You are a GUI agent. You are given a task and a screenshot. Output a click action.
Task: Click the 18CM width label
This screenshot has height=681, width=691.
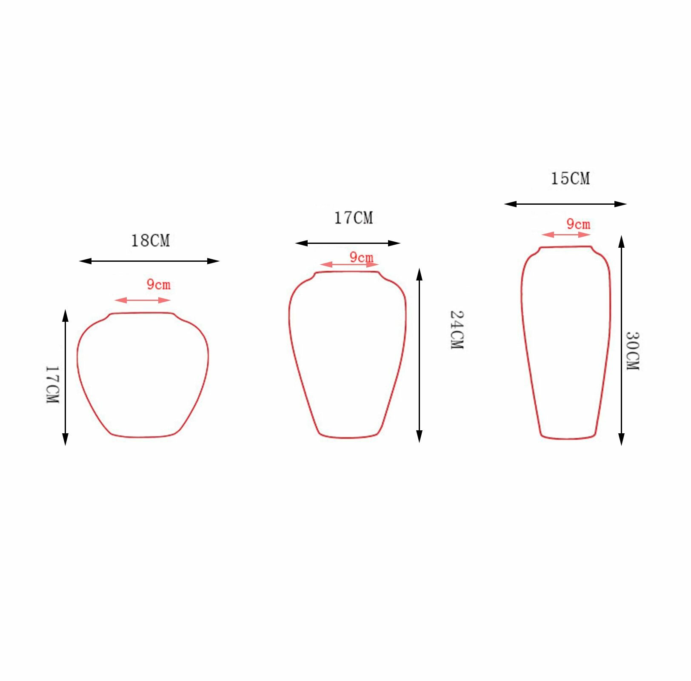point(150,241)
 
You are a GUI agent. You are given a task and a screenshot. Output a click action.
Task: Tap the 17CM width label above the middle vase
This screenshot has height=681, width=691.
point(353,218)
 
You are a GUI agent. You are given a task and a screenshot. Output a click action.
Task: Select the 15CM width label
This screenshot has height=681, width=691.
point(570,178)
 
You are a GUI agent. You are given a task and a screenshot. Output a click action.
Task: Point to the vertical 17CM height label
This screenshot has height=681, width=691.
point(52,384)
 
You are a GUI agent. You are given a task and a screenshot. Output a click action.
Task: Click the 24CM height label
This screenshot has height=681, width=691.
point(457,330)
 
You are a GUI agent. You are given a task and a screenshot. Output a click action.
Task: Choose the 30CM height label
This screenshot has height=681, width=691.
point(633,351)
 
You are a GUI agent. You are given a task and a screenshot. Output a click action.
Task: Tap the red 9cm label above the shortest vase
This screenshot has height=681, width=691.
point(158,284)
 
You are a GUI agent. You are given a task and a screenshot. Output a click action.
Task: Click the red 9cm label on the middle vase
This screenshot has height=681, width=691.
point(361,257)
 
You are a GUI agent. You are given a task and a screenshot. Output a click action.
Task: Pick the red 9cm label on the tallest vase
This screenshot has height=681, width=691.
point(578,224)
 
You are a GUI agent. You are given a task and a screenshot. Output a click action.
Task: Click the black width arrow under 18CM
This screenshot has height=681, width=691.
point(149,261)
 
